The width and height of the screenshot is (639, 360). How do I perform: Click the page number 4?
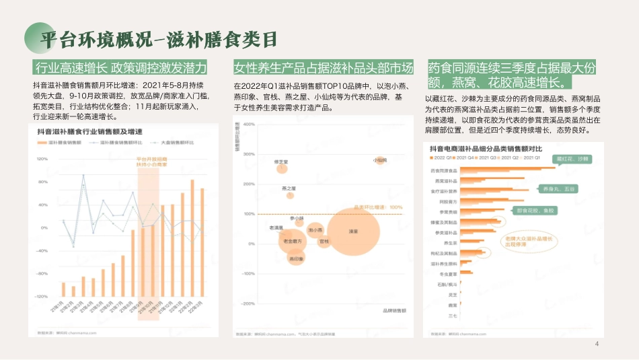[x=596, y=345]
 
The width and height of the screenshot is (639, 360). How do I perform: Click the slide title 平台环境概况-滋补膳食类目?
[x=158, y=39]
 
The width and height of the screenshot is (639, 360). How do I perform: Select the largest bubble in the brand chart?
[x=352, y=231]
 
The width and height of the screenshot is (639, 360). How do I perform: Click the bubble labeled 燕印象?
[x=296, y=258]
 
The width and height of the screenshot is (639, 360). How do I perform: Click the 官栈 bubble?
[x=324, y=240]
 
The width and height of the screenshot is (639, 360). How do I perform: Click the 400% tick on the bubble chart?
[x=250, y=154]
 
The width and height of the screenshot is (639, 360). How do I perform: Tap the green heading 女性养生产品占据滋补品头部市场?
[x=323, y=68]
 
